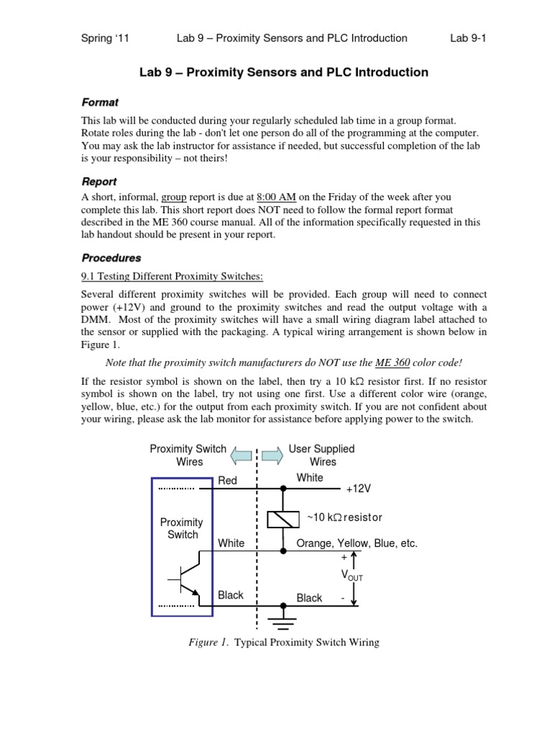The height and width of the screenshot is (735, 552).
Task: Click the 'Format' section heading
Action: pos(100,103)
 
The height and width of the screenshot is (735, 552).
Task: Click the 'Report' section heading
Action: pos(99,182)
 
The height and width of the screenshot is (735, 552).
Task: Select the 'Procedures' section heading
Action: pos(111,258)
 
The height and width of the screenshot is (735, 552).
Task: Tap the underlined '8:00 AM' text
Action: pos(276,196)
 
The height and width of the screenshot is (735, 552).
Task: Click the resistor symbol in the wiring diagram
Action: pos(283,518)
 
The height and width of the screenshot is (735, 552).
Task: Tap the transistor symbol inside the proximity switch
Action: pos(185,578)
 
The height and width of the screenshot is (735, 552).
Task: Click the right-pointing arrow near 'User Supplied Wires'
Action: pos(272,455)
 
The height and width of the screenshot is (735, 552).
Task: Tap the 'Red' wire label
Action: pos(227,480)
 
